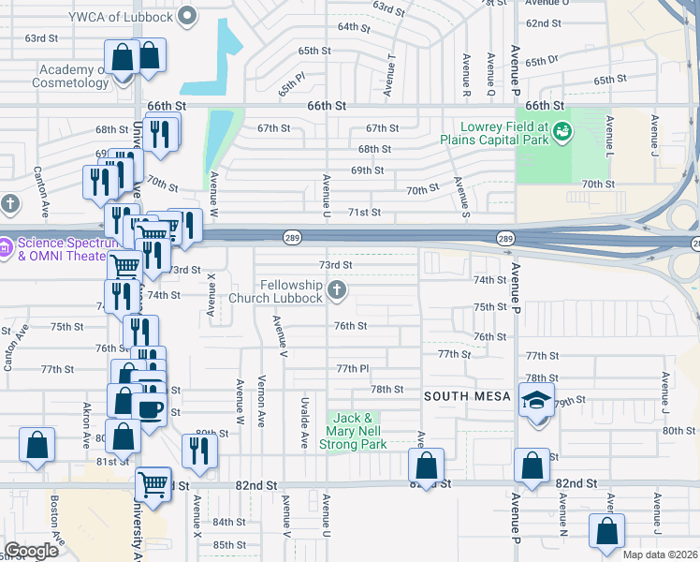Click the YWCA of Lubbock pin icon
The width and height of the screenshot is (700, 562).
click(x=187, y=15)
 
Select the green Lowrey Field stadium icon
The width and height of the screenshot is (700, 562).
click(x=561, y=131)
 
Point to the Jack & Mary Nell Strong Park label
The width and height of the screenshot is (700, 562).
click(x=355, y=431)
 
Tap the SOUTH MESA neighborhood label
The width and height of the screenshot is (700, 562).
click(x=467, y=396)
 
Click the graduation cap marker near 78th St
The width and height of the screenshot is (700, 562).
click(x=537, y=400)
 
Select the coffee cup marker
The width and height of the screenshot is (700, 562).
click(x=150, y=408)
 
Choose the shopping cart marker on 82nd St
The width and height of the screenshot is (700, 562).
click(x=153, y=484)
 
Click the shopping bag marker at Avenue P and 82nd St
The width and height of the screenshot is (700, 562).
click(x=532, y=466)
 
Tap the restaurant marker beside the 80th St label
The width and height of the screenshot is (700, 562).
click(x=199, y=451)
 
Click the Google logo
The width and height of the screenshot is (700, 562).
click(x=31, y=551)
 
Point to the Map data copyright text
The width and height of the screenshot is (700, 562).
click(x=661, y=555)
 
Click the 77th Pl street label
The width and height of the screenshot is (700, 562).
click(x=355, y=369)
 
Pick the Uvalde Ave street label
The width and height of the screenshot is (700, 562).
click(x=305, y=421)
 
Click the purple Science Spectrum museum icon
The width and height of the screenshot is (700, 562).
click(x=5, y=248)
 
